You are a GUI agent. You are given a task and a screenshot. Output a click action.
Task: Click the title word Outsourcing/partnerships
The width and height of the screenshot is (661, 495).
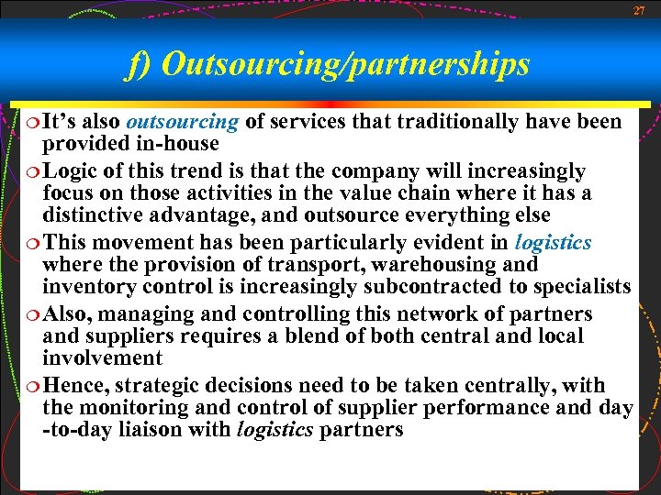346,64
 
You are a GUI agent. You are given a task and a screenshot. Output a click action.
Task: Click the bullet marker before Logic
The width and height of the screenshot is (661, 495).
33,171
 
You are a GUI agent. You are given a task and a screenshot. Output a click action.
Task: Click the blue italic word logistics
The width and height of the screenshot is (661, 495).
554,243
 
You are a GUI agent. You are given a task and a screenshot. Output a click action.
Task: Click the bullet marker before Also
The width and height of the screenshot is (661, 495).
33,314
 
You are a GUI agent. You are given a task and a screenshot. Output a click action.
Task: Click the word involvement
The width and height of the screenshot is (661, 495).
102,358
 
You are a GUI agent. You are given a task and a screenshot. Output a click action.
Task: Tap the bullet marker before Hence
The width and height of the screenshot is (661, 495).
33,386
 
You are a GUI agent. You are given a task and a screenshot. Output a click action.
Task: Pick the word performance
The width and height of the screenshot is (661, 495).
477,408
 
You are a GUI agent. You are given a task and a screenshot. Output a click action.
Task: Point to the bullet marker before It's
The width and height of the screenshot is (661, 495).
33,122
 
